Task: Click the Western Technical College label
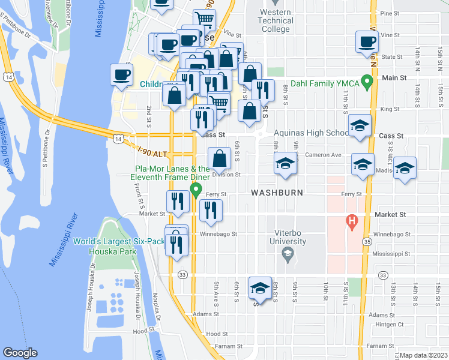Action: click(x=277, y=20)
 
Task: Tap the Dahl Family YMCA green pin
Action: click(x=364, y=84)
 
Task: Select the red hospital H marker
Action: click(x=352, y=222)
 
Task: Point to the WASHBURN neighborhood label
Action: click(x=275, y=193)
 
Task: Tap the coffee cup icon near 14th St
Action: click(x=366, y=42)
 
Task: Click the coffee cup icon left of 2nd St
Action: click(x=121, y=75)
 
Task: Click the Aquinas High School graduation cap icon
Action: click(x=359, y=126)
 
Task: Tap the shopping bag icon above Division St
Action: click(x=220, y=159)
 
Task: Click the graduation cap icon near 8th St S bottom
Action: click(x=261, y=289)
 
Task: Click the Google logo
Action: click(x=20, y=353)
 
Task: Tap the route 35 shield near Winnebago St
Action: click(x=366, y=241)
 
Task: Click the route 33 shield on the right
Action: click(x=382, y=274)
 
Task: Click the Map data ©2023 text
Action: click(x=423, y=355)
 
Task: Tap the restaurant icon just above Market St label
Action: click(x=177, y=202)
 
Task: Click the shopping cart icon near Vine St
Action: click(x=204, y=20)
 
